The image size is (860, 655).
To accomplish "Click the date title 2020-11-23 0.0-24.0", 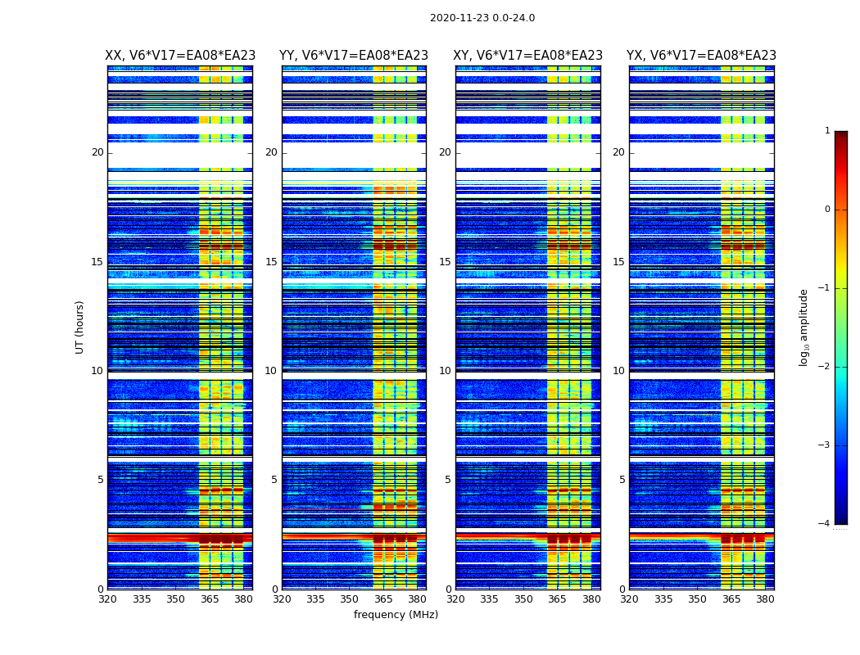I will pyautogui.click(x=482, y=18).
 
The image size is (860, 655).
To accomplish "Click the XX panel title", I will pyautogui.click(x=180, y=56).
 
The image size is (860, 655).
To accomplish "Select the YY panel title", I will pyautogui.click(x=354, y=56).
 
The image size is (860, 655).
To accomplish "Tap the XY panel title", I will pyautogui.click(x=528, y=56).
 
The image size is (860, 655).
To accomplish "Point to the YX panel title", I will pyautogui.click(x=702, y=56).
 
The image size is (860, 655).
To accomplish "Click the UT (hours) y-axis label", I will pyautogui.click(x=79, y=327).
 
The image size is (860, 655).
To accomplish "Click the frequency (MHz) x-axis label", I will pyautogui.click(x=396, y=615).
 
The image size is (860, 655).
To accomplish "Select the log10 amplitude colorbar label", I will pyautogui.click(x=803, y=327).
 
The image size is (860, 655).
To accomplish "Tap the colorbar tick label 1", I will pyautogui.click(x=826, y=131).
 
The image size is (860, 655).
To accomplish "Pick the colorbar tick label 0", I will pyautogui.click(x=826, y=210).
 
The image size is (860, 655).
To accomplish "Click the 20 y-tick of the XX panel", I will pyautogui.click(x=97, y=152).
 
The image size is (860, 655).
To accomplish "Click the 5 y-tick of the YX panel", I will pyautogui.click(x=622, y=480).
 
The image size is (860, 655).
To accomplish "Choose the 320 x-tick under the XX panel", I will pyautogui.click(x=108, y=599).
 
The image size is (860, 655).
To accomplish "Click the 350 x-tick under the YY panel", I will pyautogui.click(x=350, y=599).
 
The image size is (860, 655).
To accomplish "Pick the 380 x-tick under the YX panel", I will pyautogui.click(x=765, y=599).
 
